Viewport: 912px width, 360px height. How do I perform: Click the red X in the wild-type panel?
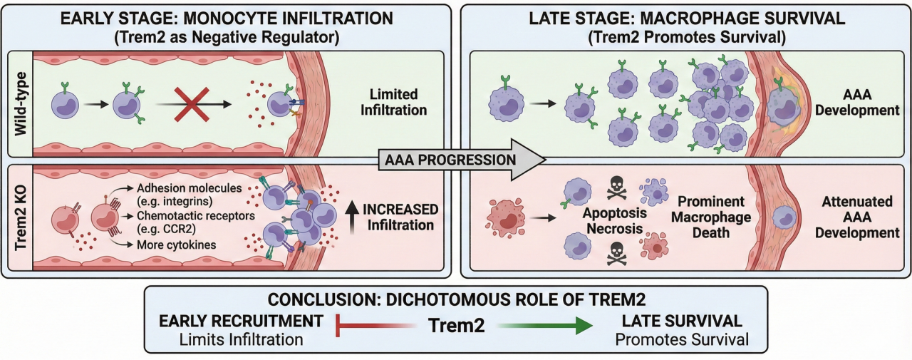tap(190, 104)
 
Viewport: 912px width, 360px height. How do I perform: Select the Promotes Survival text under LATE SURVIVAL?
tap(683, 339)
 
